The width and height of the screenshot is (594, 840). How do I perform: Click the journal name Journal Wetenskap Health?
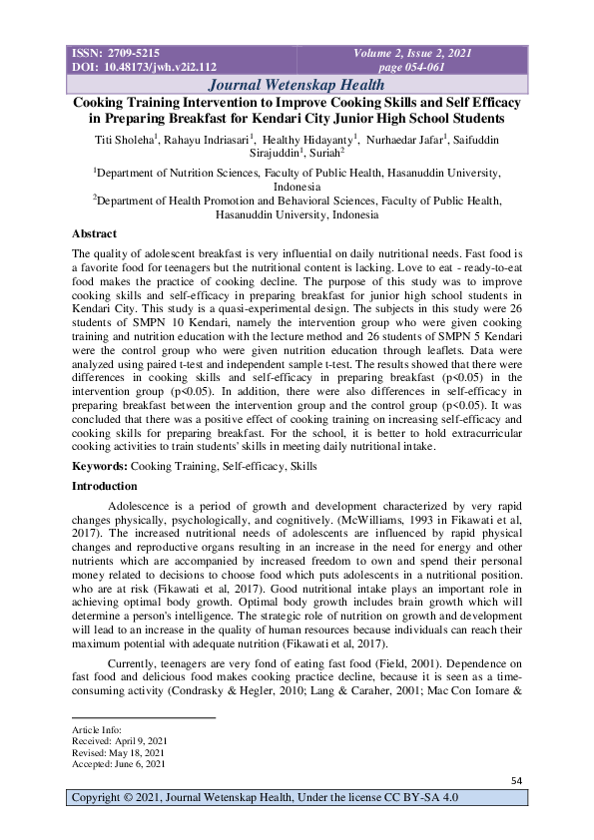297,85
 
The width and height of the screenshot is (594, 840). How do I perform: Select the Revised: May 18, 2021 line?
115,753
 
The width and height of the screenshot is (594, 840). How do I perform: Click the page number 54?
516,779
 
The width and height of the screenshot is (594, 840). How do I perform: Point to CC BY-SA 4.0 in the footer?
418,797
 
